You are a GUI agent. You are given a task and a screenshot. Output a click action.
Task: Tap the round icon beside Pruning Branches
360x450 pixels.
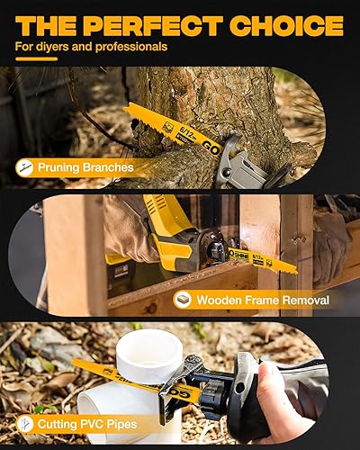point(26,166)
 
